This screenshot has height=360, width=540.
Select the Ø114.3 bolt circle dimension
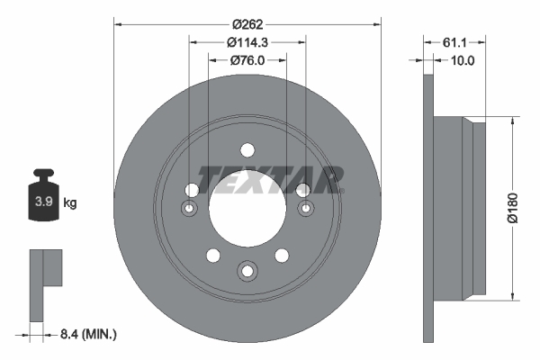tap(247, 42)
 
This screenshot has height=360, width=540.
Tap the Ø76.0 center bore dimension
tap(247, 60)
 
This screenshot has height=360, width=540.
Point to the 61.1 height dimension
tap(454, 42)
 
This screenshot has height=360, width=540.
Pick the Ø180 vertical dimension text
tap(512, 206)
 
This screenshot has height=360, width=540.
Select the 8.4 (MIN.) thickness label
tap(86, 334)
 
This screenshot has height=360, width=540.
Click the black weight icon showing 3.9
tap(41, 199)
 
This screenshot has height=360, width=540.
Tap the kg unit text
tap(69, 203)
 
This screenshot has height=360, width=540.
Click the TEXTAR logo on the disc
tap(270, 180)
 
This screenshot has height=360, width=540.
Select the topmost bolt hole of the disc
tap(247, 150)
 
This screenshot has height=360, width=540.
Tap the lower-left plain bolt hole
tap(212, 255)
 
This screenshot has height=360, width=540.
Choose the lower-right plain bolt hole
tap(282, 255)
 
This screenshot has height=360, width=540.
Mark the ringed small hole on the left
tap(190, 209)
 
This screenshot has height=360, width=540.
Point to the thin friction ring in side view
tap(427, 207)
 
